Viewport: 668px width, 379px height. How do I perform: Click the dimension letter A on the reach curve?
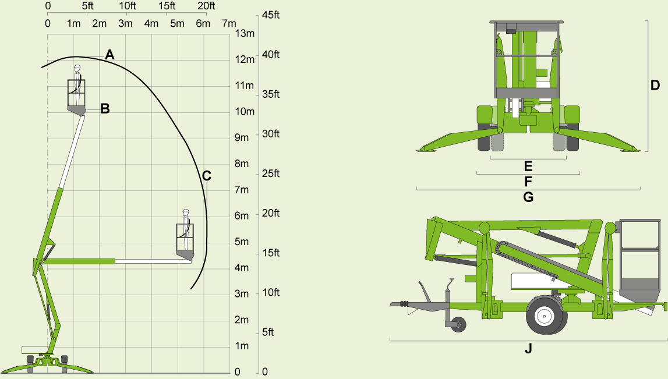pos(109,55)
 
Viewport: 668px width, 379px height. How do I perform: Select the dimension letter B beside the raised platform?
pos(105,108)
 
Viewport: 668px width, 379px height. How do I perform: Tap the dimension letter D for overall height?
pos(655,86)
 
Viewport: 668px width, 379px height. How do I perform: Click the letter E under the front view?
pos(528,166)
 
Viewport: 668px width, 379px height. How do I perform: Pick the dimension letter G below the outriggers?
pos(528,197)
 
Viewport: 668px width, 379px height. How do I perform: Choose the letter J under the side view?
pos(528,349)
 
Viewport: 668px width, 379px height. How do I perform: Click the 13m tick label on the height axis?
pos(245,33)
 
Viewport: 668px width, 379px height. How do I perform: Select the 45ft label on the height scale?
pos(271,15)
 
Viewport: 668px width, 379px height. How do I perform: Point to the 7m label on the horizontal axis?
pos(229,24)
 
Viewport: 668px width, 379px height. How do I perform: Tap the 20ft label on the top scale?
pos(206,6)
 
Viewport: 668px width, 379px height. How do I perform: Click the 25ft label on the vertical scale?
pos(271,174)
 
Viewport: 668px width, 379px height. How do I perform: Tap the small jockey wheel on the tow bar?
pos(459,324)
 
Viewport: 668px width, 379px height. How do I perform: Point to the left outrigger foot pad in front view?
pos(427,150)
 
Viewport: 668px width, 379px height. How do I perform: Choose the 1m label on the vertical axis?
pos(241,346)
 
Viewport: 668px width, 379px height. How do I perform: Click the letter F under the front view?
pos(528,181)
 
